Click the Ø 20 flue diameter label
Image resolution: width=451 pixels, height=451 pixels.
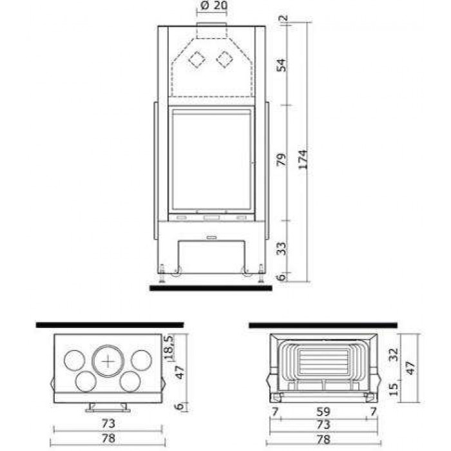(213, 5)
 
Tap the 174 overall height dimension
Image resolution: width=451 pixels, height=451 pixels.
(303, 160)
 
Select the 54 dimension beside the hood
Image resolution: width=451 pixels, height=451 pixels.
(282, 65)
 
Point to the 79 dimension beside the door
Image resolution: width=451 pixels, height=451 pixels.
(282, 160)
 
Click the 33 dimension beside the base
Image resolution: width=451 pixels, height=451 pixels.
(282, 249)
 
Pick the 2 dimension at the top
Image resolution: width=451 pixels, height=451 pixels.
(283, 18)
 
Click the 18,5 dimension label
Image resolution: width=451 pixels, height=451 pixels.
(169, 347)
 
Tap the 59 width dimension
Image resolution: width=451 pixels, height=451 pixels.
(323, 412)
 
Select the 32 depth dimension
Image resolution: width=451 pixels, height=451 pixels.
(393, 354)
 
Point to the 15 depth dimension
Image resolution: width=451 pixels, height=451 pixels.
(393, 389)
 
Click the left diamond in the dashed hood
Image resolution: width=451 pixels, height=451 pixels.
(197, 59)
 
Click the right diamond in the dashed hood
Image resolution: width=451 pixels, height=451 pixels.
(225, 59)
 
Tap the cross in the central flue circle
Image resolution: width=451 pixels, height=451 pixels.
(108, 361)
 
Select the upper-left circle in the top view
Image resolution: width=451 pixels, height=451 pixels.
(75, 360)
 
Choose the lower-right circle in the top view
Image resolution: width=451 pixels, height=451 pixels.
(130, 381)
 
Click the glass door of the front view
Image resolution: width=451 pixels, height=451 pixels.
(211, 160)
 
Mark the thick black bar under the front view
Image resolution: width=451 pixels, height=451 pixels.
(211, 288)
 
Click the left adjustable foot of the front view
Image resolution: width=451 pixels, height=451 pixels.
(162, 273)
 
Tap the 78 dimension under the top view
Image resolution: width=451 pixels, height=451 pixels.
(108, 438)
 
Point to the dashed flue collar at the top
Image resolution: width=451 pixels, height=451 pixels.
(212, 30)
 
